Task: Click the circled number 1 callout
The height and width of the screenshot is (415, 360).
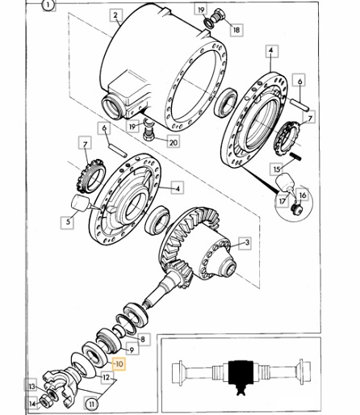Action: point(48,5)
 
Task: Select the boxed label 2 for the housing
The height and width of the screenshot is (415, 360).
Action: point(116,15)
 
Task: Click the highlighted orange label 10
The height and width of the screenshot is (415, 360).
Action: point(119,364)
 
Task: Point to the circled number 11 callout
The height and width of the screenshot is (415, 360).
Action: point(92,404)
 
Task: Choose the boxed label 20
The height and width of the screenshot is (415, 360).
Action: point(174,141)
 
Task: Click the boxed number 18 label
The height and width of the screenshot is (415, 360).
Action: point(237,30)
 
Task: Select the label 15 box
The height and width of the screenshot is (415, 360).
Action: point(277,169)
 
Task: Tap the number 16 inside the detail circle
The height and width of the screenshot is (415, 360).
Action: point(303,195)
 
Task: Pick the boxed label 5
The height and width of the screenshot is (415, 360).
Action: point(68,222)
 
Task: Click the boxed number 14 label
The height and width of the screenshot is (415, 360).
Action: point(32,404)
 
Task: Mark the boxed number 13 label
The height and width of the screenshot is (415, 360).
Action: point(31,387)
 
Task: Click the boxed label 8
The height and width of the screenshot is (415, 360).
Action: point(143,339)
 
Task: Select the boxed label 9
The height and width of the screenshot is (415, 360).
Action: point(132,350)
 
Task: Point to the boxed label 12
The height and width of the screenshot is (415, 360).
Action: point(107,378)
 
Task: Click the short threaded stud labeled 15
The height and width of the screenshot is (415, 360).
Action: point(295,157)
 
